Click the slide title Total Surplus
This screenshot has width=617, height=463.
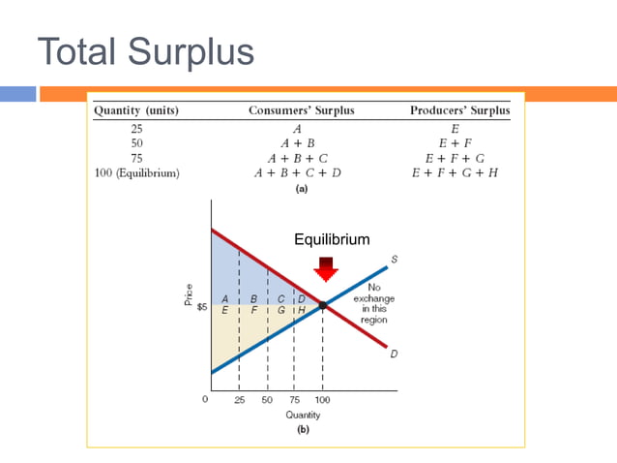[146, 51]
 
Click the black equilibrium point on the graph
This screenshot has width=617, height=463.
[324, 305]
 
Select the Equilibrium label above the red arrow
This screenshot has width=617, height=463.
[332, 239]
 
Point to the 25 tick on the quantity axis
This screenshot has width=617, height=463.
[240, 399]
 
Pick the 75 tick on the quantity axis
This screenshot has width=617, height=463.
[294, 399]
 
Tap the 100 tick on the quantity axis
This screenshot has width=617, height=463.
[323, 399]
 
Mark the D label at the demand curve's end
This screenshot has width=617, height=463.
[394, 354]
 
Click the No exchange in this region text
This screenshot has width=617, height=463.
[373, 303]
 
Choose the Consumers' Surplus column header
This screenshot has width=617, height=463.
[302, 110]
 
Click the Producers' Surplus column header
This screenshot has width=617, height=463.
[460, 110]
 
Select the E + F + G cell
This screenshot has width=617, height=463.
[454, 157]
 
